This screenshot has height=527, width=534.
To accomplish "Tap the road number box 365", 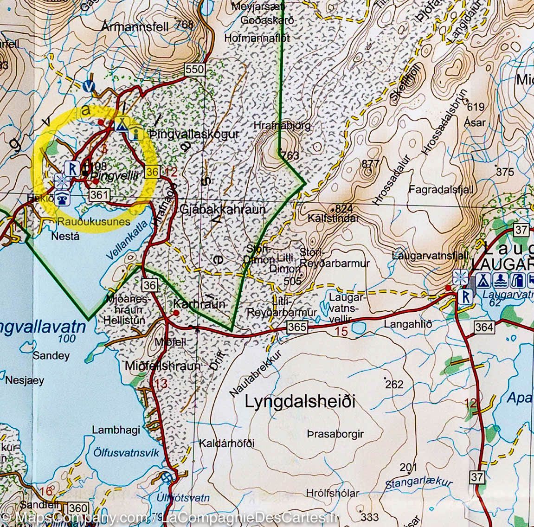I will (x=296, y=327).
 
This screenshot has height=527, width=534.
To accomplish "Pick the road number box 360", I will (x=77, y=508).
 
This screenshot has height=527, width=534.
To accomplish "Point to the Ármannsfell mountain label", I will (x=135, y=27).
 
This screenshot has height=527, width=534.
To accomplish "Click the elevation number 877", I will (x=370, y=163).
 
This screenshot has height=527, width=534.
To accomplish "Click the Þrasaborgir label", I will (x=335, y=434).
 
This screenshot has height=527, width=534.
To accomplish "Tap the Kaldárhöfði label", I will (x=227, y=443).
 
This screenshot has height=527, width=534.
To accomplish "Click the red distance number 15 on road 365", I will (x=341, y=332).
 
